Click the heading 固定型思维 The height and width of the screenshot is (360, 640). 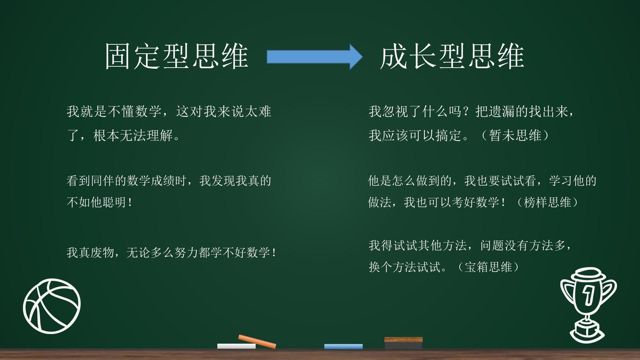pos(177,56)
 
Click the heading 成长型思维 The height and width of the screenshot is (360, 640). pos(452,56)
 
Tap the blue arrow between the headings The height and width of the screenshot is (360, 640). pos(315,57)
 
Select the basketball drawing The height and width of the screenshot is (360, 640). pos(52,306)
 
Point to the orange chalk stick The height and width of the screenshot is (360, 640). pos(257,341)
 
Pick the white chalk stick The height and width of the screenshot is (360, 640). pos(236,346)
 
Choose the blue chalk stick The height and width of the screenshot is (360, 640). pos(343,346)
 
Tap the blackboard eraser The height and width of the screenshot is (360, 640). pos(403,343)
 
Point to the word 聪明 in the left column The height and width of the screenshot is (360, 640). pos(115,202)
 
